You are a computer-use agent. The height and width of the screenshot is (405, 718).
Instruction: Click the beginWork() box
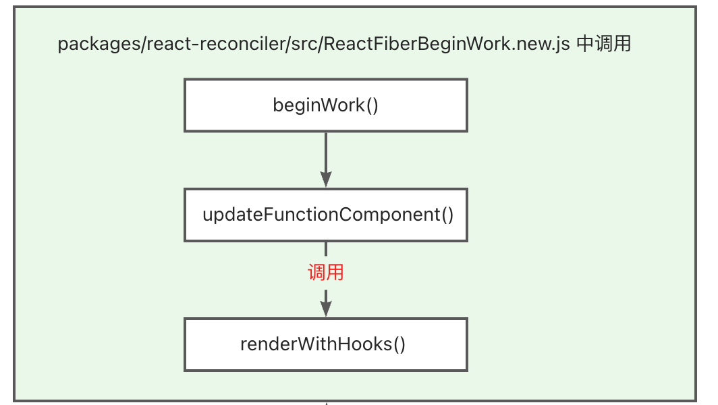point(325,105)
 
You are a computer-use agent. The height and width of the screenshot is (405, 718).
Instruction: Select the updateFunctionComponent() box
point(325,215)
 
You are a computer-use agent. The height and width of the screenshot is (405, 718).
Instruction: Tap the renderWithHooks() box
point(325,344)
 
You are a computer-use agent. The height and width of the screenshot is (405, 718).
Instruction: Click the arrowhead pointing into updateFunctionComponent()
point(326,179)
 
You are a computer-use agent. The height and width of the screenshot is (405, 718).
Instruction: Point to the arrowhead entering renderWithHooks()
point(326,308)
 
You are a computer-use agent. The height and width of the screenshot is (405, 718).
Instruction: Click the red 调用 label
point(326,272)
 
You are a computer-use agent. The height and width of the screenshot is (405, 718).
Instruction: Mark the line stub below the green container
point(326,403)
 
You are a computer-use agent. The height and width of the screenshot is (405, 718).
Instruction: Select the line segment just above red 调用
point(326,249)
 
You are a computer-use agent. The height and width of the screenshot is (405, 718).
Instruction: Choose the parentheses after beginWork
point(371,105)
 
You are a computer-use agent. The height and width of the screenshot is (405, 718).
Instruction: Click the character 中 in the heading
point(586,45)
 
